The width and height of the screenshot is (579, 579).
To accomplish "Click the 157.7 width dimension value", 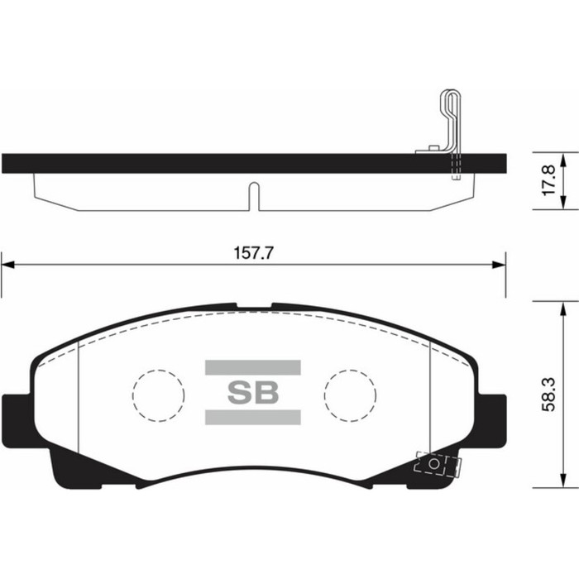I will [254, 254].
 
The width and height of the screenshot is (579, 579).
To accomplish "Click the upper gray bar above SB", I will [252, 366].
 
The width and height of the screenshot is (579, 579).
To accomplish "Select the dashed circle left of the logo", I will [158, 393].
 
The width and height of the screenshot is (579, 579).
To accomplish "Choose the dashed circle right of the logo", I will [349, 393].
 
